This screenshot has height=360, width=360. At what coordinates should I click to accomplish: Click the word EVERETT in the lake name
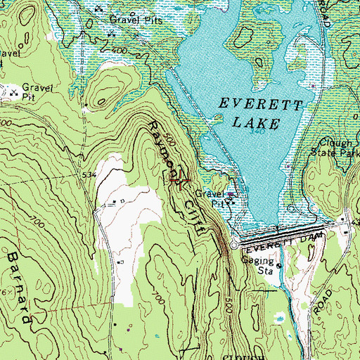261,105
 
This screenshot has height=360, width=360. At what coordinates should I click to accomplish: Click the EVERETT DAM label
281,241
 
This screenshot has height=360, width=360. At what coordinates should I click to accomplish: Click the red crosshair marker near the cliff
181,181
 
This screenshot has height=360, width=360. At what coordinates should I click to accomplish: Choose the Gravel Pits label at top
141,20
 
